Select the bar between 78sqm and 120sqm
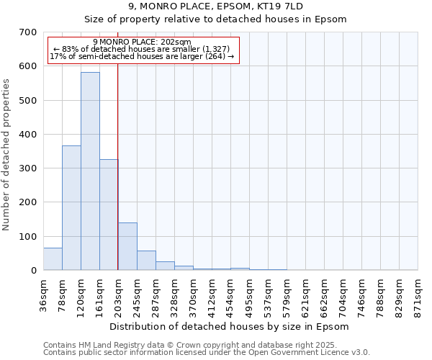(71, 208)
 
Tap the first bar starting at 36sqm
(53, 259)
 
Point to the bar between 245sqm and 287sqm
(146, 261)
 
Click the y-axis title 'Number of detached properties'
(6, 155)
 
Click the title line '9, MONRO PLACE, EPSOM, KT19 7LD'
(215, 6)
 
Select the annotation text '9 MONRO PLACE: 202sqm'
(142, 42)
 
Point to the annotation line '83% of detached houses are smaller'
(142, 49)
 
